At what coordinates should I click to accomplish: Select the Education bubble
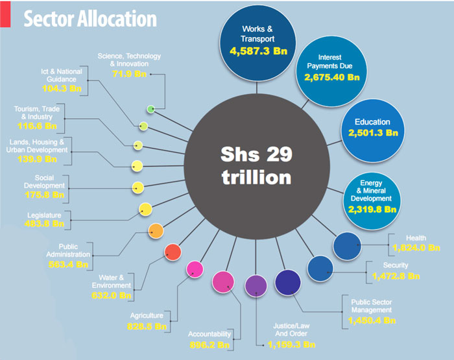[372, 128]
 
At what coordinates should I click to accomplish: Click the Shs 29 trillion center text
[256, 165]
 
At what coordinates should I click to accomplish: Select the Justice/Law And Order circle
[256, 285]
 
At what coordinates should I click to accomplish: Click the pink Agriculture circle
[195, 269]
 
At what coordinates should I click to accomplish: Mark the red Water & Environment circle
[173, 252]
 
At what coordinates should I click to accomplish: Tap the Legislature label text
[45, 215]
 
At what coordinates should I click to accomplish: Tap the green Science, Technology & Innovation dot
[150, 109]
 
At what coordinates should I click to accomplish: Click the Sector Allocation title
[90, 19]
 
